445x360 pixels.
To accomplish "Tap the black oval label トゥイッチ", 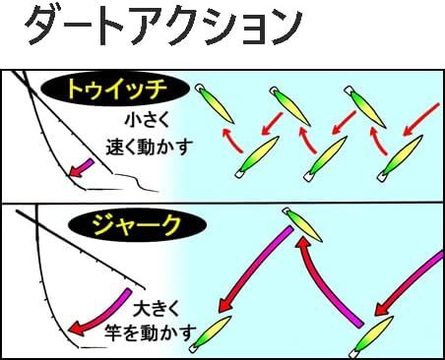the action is click(x=115, y=90).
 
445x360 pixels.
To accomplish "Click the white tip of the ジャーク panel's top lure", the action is click(x=288, y=212).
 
